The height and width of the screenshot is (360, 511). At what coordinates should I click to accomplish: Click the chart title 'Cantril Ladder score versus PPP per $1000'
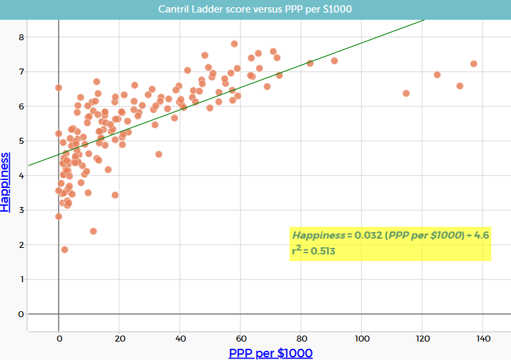(255, 9)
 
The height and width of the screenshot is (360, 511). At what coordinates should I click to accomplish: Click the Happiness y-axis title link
(6, 181)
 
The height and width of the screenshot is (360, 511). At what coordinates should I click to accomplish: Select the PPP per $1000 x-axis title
(270, 353)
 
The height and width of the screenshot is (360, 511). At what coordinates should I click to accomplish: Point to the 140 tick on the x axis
(483, 338)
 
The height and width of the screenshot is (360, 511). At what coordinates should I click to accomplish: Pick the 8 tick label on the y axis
(21, 37)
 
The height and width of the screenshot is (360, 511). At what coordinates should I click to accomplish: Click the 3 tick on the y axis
(21, 210)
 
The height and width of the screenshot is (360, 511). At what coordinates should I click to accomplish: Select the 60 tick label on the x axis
(241, 338)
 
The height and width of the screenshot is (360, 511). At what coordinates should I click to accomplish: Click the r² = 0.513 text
(316, 251)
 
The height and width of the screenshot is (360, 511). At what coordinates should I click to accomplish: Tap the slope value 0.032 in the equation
(366, 235)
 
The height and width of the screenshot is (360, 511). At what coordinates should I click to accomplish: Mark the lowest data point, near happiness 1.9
(65, 249)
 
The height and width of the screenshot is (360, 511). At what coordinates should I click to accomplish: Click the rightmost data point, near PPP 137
(473, 64)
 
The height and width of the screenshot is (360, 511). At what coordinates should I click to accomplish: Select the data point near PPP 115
(406, 94)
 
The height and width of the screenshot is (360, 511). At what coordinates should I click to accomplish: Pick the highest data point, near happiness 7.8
(234, 44)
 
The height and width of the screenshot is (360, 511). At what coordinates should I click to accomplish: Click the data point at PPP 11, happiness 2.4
(94, 231)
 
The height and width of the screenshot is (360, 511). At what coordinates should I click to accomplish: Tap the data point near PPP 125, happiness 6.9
(437, 75)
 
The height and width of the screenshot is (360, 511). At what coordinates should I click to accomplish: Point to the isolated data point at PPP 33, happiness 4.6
(159, 154)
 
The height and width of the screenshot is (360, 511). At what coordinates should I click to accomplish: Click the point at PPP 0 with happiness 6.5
(59, 88)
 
